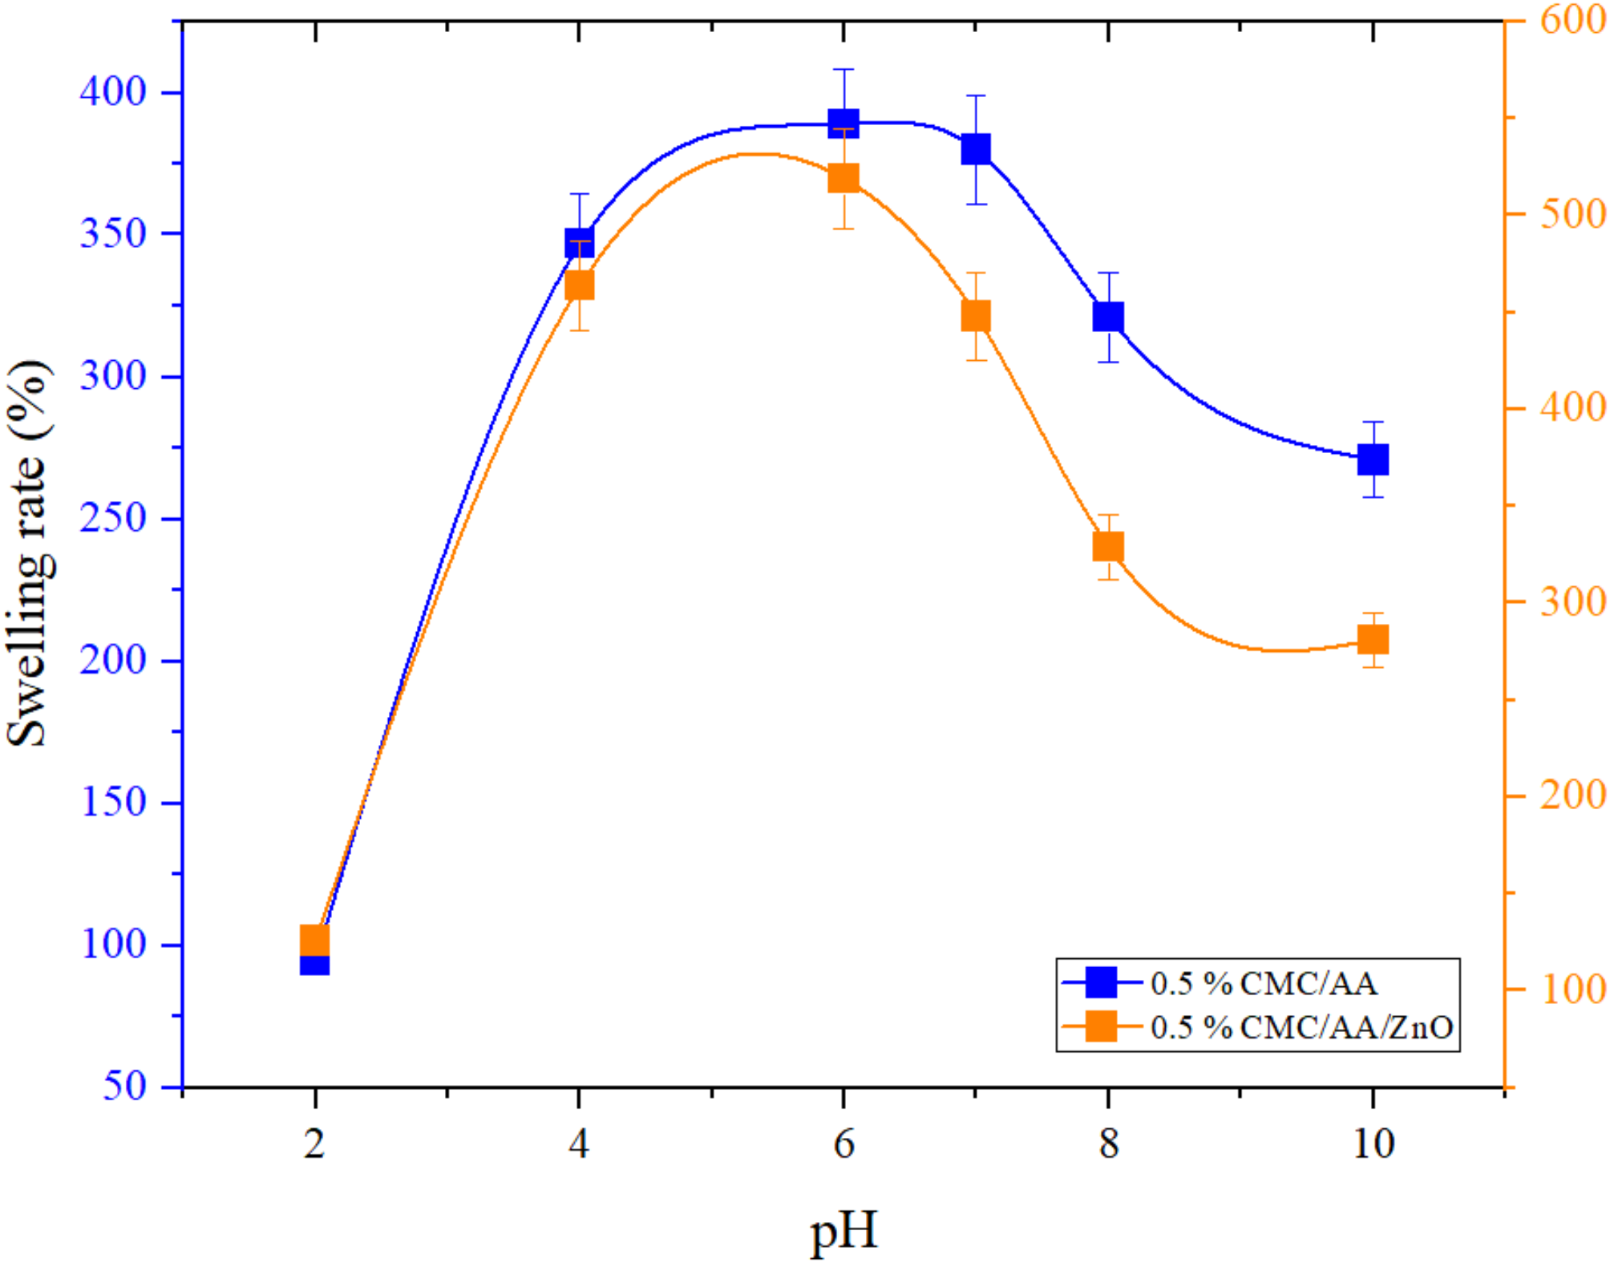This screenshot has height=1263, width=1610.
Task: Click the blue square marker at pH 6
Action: pos(843,123)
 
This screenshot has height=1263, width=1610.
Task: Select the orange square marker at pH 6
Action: pos(843,178)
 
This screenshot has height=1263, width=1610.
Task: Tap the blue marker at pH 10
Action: pos(1373,459)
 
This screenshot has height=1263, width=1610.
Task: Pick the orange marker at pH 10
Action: pos(1373,640)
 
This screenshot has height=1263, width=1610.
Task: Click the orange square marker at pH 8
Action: pos(1108,547)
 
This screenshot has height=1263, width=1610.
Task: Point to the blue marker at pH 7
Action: pos(976,149)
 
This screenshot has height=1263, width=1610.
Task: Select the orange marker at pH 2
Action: pos(314,941)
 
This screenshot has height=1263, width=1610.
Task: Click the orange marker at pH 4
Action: pos(579,285)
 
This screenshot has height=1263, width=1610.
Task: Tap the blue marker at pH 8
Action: pos(1108,317)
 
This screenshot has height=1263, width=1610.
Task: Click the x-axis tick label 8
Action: pos(1108,1144)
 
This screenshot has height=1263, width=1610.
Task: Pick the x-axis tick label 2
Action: pos(314,1144)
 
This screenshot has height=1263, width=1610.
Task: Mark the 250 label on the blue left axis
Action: pos(113,518)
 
